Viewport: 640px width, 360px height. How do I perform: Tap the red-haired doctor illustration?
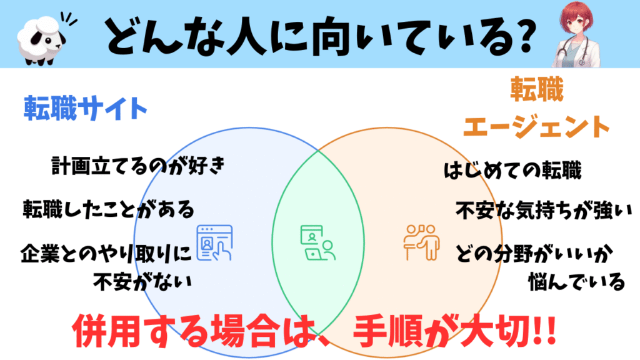tap(577, 34)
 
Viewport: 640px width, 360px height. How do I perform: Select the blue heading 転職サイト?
tap(85, 108)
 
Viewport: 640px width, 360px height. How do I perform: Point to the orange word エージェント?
tap(536, 126)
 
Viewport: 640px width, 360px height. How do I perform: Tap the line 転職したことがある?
tap(109, 209)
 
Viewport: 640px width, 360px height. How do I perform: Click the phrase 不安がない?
tap(142, 282)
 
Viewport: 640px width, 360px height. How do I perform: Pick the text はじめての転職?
tap(512, 170)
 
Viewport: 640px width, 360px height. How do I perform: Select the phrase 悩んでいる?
tap(576, 282)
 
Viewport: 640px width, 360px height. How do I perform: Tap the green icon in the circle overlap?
tap(317, 242)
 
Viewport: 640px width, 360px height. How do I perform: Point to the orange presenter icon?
tap(422, 242)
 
